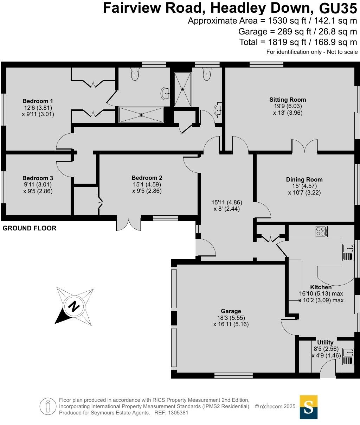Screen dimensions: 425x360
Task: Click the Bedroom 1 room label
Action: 38,101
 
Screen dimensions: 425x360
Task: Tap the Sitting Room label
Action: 288,100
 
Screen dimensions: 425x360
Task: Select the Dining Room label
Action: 304,179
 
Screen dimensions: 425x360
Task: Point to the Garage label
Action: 231,311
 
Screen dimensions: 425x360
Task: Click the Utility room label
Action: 325,342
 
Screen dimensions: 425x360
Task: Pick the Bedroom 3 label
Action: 38,178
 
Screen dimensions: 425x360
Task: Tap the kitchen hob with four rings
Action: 321,231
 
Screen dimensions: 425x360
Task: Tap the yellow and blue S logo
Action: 308,407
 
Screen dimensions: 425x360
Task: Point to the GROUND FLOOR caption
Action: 30,228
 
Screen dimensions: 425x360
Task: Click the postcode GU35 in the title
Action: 338,7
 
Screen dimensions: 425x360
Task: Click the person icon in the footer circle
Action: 48,406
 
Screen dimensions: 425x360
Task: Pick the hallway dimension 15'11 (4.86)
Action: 227,202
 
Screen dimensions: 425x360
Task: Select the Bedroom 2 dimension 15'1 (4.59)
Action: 147,184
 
